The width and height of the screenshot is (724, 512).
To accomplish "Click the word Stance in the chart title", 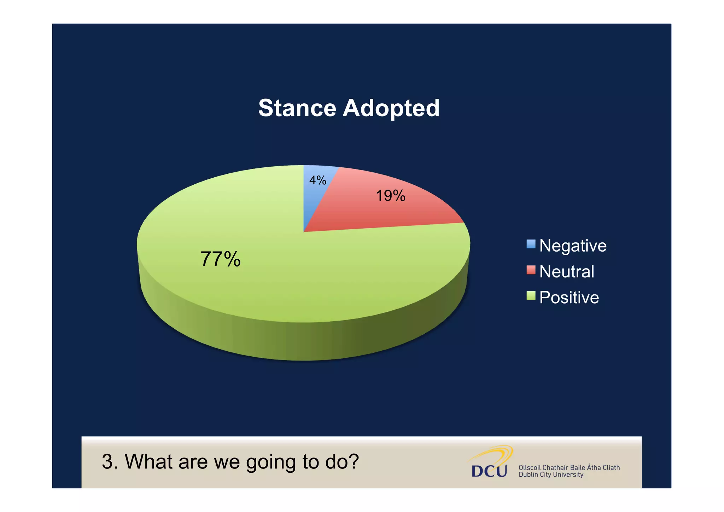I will tap(297, 108).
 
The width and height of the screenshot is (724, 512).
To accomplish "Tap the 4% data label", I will tap(317, 180).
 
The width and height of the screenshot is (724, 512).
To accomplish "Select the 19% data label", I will tap(390, 196).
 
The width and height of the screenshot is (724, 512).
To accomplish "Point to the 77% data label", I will tap(221, 259).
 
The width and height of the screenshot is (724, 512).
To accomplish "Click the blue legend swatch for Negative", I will tap(531, 244).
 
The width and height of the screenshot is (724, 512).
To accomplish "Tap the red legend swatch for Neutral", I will tap(531, 270).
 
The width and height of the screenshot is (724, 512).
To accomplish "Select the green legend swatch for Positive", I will tap(531, 295).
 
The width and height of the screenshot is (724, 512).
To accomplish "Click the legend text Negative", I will tap(573, 246).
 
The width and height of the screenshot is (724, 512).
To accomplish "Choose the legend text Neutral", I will tap(566, 272).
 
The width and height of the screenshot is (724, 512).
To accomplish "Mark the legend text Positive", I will tap(569, 298).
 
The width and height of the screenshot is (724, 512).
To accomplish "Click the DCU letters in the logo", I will tap(489, 471).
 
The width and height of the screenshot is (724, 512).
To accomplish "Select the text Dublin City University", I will tap(550, 475).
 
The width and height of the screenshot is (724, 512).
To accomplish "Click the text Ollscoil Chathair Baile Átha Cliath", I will tap(569, 467).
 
